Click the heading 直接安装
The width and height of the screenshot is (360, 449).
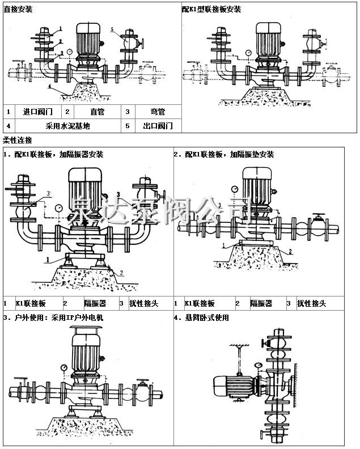[x=18, y=10]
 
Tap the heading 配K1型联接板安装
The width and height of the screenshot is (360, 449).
[x=211, y=10]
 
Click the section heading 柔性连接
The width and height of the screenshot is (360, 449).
[x=18, y=140]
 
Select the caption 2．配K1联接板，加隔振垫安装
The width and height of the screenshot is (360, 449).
[x=224, y=154]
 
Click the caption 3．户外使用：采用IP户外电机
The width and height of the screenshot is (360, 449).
[x=54, y=318]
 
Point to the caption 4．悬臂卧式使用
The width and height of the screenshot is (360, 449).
[x=202, y=318]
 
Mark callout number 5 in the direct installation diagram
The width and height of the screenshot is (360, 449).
[x=112, y=29]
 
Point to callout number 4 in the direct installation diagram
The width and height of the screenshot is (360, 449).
[x=50, y=86]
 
